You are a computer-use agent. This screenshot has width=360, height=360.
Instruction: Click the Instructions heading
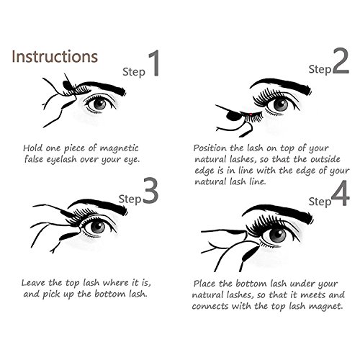[55, 57]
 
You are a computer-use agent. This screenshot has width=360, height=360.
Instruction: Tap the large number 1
[154, 63]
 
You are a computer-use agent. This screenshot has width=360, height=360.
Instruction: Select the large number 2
[341, 60]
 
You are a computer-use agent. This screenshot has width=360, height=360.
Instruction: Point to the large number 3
[150, 191]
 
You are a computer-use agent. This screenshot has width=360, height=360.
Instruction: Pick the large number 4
[341, 193]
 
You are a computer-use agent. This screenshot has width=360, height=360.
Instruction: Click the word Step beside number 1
[134, 72]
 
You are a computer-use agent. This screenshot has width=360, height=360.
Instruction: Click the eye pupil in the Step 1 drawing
[99, 104]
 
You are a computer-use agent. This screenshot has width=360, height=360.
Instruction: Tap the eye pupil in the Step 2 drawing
[280, 104]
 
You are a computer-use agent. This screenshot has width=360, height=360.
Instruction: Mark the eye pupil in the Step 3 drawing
[98, 227]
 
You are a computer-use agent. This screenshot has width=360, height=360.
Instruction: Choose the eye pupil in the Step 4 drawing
[278, 235]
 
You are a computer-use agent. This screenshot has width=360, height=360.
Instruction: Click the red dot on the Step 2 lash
[251, 114]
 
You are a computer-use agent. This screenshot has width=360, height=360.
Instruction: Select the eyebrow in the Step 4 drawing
[278, 212]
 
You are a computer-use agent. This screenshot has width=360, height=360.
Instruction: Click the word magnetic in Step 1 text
[119, 148]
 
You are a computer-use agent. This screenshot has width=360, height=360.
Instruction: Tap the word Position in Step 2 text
[210, 148]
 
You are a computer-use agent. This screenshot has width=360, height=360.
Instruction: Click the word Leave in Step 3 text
[34, 283]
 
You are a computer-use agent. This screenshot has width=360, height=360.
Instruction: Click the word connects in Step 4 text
[210, 306]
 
